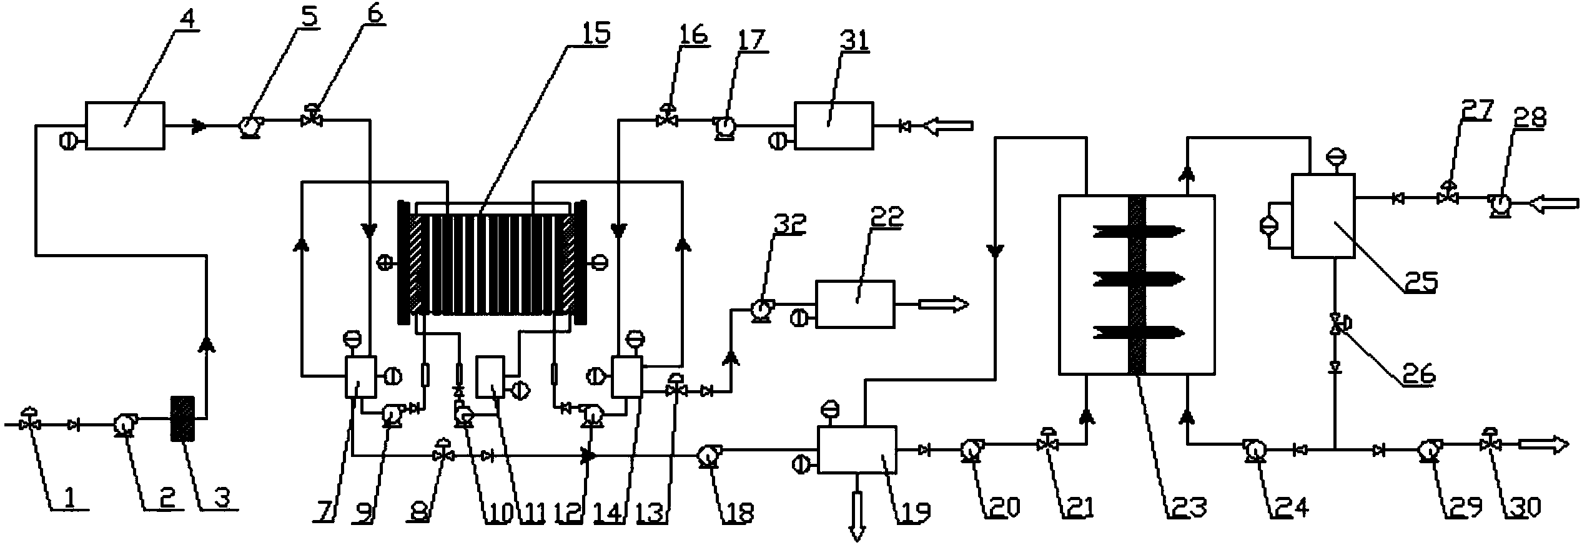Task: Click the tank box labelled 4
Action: [125, 125]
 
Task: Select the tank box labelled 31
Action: [833, 125]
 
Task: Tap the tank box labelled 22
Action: [855, 304]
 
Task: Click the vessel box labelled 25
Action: [1323, 215]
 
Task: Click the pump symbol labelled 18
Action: [708, 456]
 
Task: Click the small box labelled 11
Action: [490, 376]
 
